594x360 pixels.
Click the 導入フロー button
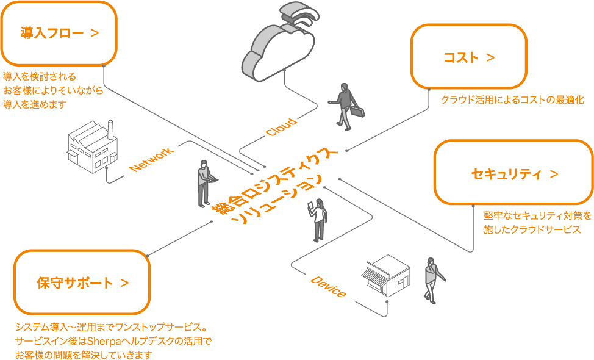tap(59, 33)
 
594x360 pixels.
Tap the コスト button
tap(468, 57)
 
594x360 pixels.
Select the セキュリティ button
tap(514, 174)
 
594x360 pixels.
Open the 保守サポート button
tap(82, 283)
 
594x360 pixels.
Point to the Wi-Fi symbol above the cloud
tap(299, 17)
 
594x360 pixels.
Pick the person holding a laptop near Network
tap(204, 183)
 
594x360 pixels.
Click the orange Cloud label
tap(281, 126)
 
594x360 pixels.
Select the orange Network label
tap(151, 159)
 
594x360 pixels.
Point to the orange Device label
tap(328, 286)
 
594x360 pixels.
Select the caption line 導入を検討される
tap(40, 77)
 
